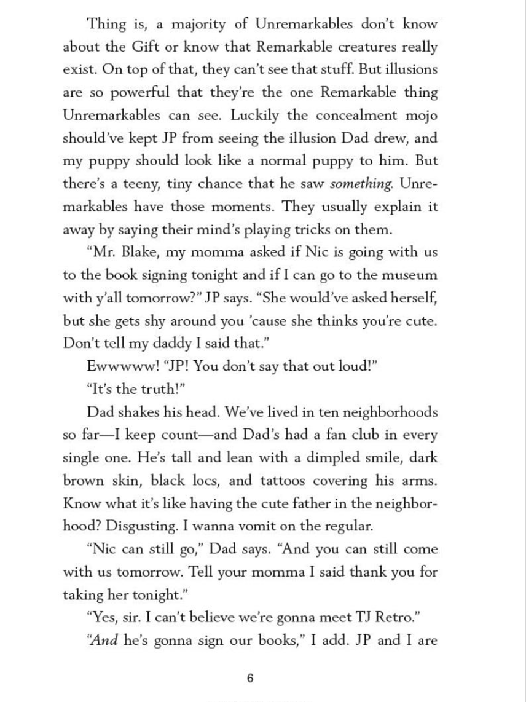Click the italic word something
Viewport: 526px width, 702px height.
pyautogui.click(x=361, y=184)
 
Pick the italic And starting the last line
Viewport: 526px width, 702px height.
pyautogui.click(x=100, y=640)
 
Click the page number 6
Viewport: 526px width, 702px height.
pyautogui.click(x=249, y=679)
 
